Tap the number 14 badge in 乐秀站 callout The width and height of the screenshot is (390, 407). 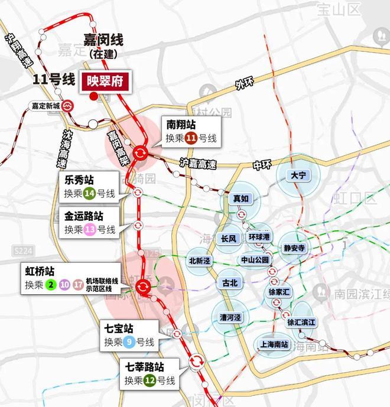pyautogui.click(x=90, y=193)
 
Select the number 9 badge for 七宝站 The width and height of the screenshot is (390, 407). pyautogui.click(x=129, y=341)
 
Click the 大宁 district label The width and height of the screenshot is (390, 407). pyautogui.click(x=297, y=176)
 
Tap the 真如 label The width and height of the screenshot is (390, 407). pyautogui.click(x=240, y=199)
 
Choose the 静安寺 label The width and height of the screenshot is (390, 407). pyautogui.click(x=294, y=248)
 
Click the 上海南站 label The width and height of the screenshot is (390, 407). pyautogui.click(x=272, y=344)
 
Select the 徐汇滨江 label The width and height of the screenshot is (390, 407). pyautogui.click(x=301, y=323)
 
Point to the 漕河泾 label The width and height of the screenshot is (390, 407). pyautogui.click(x=230, y=317)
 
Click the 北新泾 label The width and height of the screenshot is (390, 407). pyautogui.click(x=199, y=260)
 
